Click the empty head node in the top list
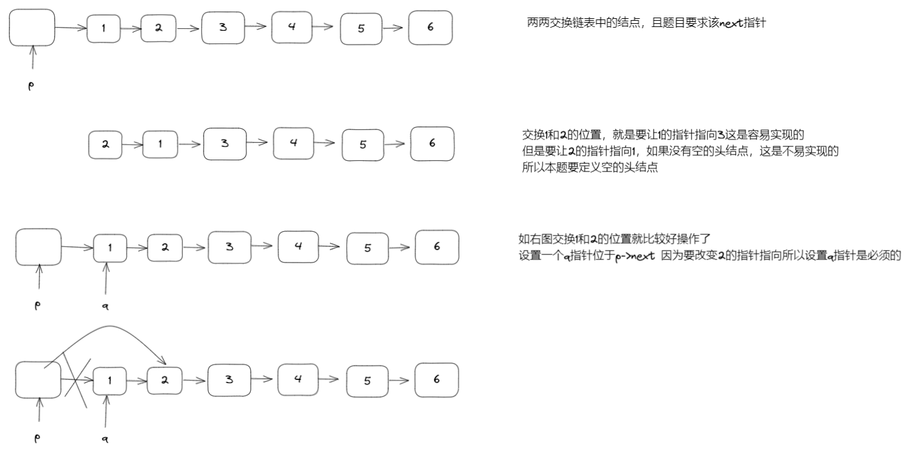click(31, 28)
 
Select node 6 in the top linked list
click(430, 28)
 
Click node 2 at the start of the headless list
click(106, 144)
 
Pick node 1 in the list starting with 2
click(160, 144)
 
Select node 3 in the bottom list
click(229, 379)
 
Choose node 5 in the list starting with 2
click(363, 144)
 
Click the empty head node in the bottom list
click(38, 379)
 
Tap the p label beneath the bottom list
click(37, 440)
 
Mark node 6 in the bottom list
click(436, 379)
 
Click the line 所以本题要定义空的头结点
click(590, 170)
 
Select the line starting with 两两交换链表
click(646, 23)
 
